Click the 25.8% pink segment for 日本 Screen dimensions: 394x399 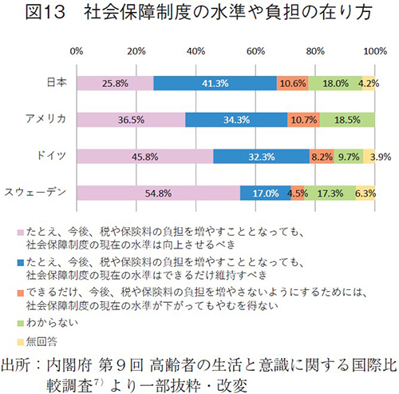pyautogui.click(x=115, y=83)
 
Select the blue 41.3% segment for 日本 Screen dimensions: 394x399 pyautogui.click(x=215, y=83)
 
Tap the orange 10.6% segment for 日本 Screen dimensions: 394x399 pyautogui.click(x=293, y=83)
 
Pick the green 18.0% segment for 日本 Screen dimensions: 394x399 pyautogui.click(x=335, y=83)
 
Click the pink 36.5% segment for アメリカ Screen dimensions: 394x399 pyautogui.click(x=131, y=120)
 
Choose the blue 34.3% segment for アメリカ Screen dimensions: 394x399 pyautogui.click(x=236, y=120)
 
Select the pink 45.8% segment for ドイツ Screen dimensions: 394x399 pyautogui.click(x=144, y=157)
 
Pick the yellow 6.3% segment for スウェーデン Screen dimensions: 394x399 pyautogui.click(x=365, y=193)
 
